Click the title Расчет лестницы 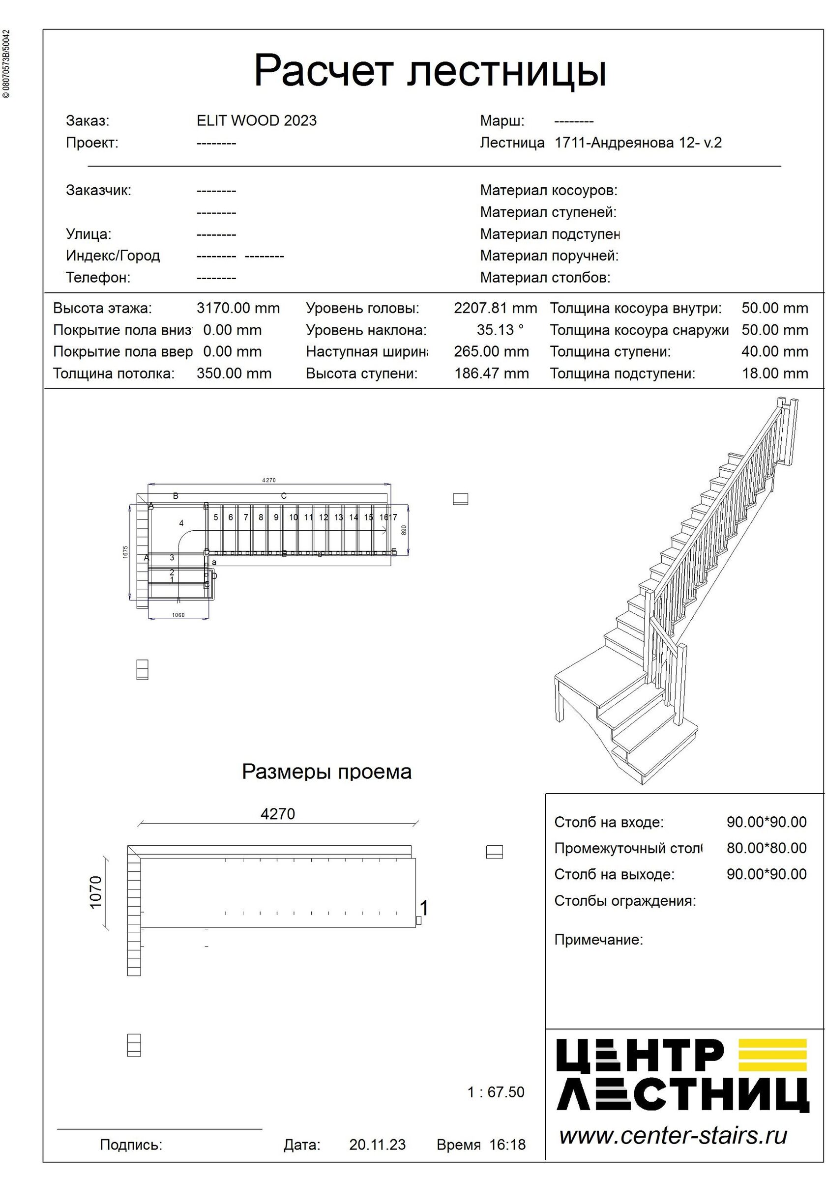pos(430,71)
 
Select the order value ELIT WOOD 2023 pos(257,121)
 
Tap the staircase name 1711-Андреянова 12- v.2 pos(638,143)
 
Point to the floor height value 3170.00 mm pos(238,308)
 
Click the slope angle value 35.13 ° pos(500,330)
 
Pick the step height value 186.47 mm pos(491,373)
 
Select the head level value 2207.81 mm pos(495,308)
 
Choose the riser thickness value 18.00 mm pos(774,373)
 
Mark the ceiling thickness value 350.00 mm pos(234,373)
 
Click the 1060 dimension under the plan pos(178,615)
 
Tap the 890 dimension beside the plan pos(404,530)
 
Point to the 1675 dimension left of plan pos(125,552)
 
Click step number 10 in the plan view pos(294,517)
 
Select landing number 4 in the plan pos(181,523)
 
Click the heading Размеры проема pos(326,772)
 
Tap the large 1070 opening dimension pos(96,892)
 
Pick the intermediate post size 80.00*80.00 pos(766,848)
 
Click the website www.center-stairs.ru pos(673,1136)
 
